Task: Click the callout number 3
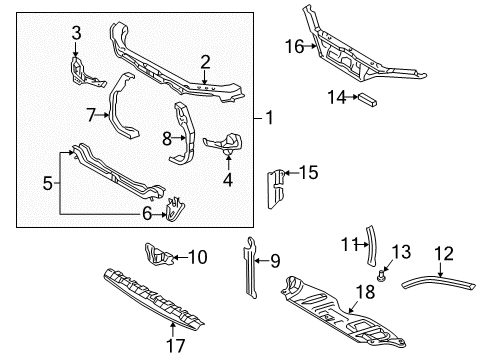pos(76,33)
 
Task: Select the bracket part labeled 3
pos(83,73)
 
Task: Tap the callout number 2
pos(205,62)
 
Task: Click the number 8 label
pos(167,138)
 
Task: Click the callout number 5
pos(48,183)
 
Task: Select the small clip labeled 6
pos(175,209)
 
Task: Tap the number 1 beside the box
pos(269,118)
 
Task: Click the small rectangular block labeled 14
pos(367,100)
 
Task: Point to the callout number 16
pos(294,46)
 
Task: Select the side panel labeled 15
pos(276,189)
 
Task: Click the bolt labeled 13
pos(381,276)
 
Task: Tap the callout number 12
pos(444,254)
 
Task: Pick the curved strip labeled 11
pos(371,246)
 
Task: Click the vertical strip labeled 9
pos(251,267)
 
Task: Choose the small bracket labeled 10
pos(158,254)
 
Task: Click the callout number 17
pos(175,346)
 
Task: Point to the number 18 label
pos(365,292)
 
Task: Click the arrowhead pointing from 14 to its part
pos(355,97)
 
